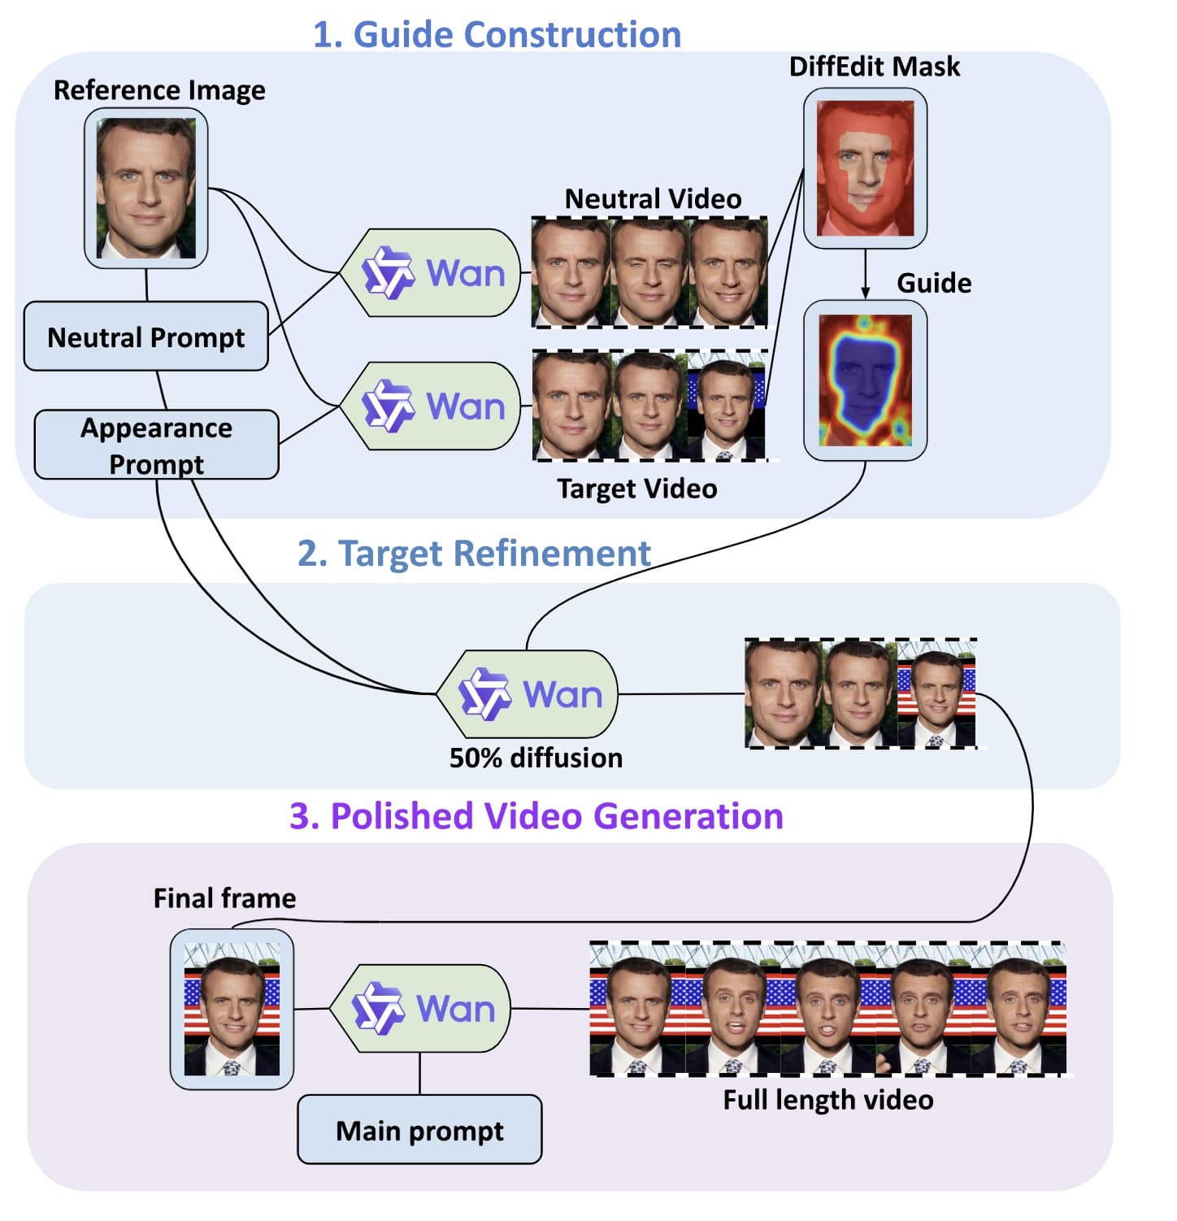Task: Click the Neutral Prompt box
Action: click(146, 337)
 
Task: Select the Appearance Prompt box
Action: click(156, 445)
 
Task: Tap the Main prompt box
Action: click(419, 1130)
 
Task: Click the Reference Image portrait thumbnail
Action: click(146, 189)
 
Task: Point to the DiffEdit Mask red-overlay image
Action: click(865, 168)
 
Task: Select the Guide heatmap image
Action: click(865, 380)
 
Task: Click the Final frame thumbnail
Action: click(232, 1009)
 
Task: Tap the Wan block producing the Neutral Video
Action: click(431, 273)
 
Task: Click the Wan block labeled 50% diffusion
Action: click(528, 695)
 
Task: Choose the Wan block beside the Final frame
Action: click(421, 1009)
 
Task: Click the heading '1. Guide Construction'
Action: click(497, 35)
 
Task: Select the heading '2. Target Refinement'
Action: click(474, 554)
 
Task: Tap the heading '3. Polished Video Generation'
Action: click(536, 816)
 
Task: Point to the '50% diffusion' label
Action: click(536, 758)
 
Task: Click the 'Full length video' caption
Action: click(827, 1100)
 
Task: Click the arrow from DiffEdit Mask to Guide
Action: click(865, 275)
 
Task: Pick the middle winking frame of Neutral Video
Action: click(649, 273)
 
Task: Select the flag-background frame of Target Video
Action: click(726, 404)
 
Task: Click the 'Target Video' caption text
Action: click(636, 489)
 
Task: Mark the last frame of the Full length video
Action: click(1019, 1009)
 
